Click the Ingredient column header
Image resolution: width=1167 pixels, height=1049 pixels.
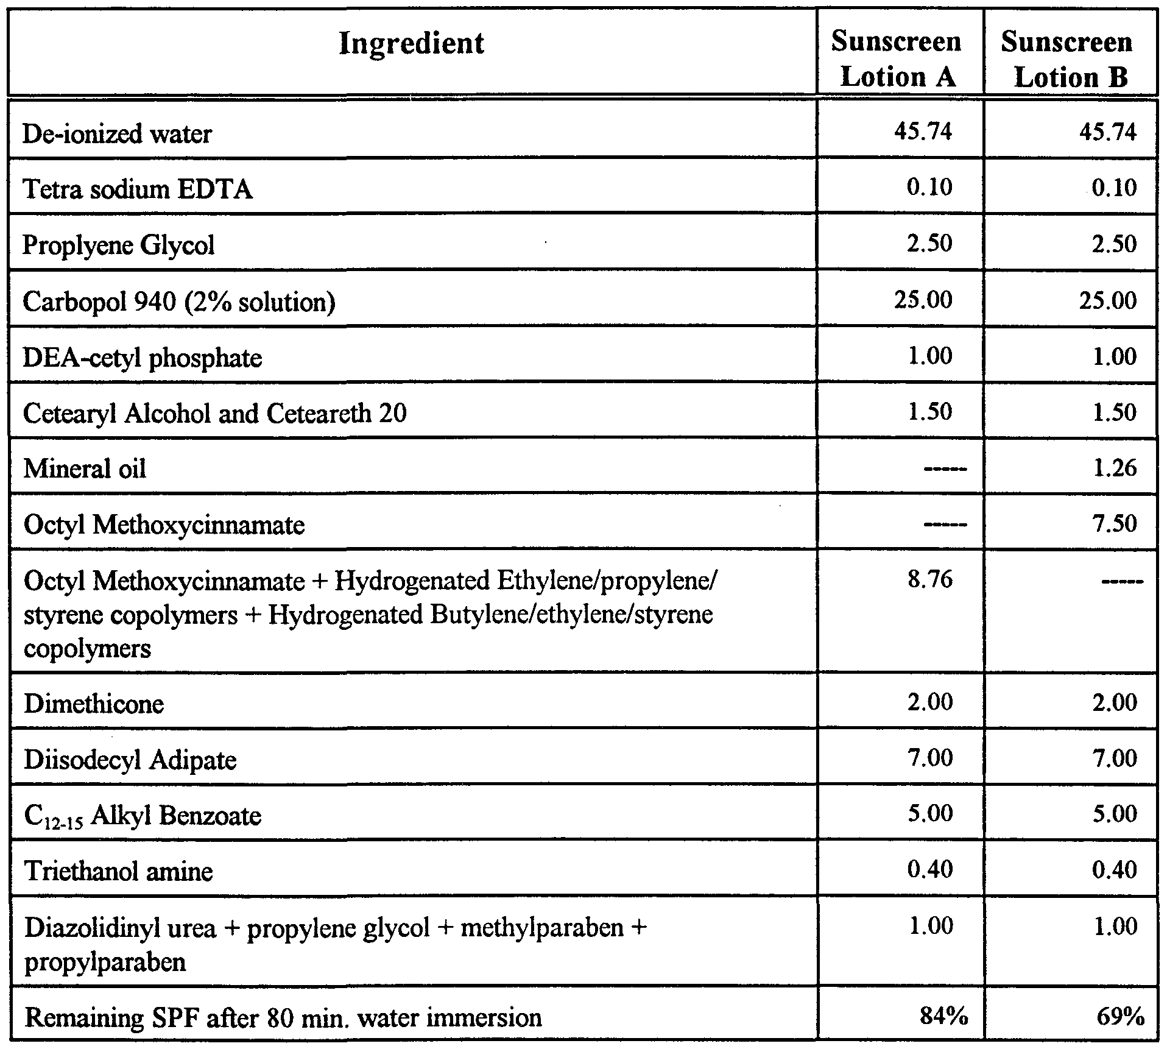point(411,44)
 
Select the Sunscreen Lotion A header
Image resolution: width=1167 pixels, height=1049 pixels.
point(896,59)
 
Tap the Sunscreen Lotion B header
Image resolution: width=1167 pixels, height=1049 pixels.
point(1067,59)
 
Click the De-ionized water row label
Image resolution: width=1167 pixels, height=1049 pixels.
point(117,133)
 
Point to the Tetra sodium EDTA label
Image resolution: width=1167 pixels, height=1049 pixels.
point(138,189)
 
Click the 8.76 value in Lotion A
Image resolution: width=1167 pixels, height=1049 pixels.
point(929,579)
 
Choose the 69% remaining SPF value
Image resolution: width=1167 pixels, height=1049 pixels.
point(1118,1017)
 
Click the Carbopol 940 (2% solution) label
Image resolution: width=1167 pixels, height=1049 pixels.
point(178,302)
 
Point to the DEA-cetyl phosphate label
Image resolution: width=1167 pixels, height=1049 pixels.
point(143,358)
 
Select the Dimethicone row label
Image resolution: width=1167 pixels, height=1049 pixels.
point(94,704)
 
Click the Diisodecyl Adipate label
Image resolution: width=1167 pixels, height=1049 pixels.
point(130,760)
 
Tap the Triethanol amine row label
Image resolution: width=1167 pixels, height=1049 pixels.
point(118,872)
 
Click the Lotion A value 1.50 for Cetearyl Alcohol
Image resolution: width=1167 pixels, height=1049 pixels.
point(929,412)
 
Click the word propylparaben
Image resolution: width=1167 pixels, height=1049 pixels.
point(105,962)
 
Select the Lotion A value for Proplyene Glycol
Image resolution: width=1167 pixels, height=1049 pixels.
point(929,244)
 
